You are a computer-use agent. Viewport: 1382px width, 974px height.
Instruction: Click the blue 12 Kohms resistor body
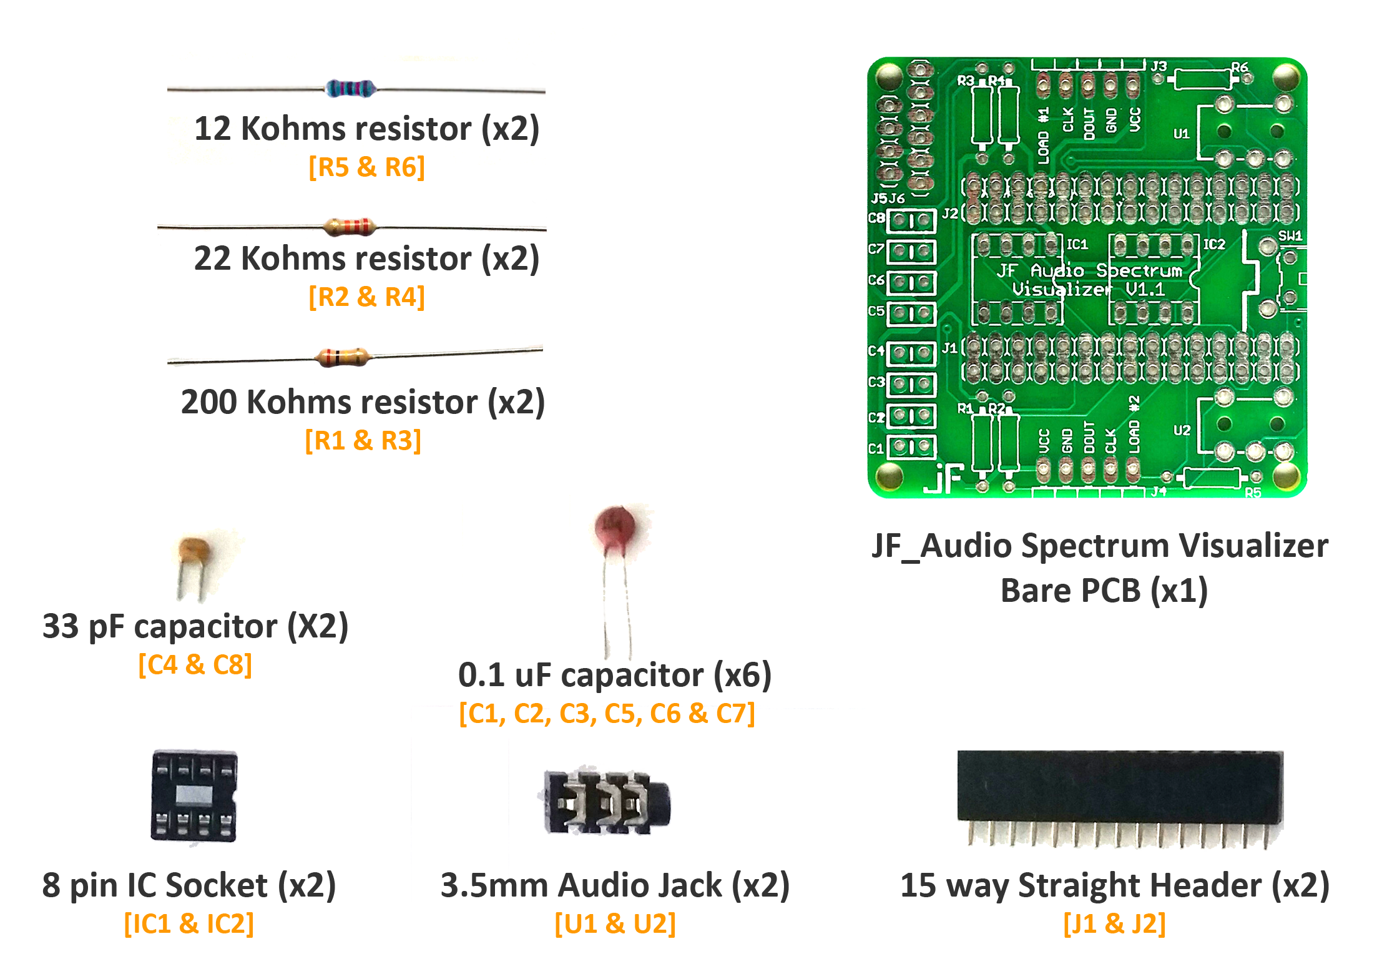[x=350, y=89]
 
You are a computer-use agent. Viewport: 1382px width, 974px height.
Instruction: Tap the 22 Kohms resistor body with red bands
[x=350, y=226]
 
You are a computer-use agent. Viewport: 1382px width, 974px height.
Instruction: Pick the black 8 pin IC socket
[x=194, y=795]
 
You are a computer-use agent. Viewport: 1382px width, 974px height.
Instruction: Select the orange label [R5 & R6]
[x=366, y=167]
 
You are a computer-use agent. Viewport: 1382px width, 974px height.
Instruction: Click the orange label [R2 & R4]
[x=366, y=297]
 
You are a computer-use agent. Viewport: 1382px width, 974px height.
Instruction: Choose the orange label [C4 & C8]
[x=195, y=665]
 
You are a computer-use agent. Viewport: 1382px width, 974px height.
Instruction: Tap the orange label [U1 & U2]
[x=615, y=923]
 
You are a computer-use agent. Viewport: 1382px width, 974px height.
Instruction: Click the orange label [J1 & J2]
[x=1114, y=923]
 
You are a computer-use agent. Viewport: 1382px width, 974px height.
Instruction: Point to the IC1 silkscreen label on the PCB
[x=1077, y=244]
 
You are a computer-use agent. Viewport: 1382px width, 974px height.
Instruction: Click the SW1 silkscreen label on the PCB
[x=1290, y=236]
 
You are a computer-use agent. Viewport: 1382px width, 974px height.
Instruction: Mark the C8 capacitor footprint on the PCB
[x=912, y=220]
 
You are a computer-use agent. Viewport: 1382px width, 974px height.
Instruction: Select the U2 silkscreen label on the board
[x=1182, y=430]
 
